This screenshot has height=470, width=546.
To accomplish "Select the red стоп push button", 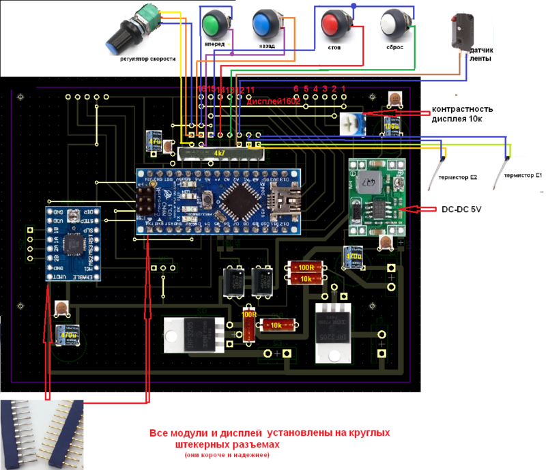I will click(332, 24).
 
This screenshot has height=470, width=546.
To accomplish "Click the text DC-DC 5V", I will click(461, 209).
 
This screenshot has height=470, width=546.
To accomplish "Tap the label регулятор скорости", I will click(147, 59).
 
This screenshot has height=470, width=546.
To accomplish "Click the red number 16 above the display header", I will click(201, 89).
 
